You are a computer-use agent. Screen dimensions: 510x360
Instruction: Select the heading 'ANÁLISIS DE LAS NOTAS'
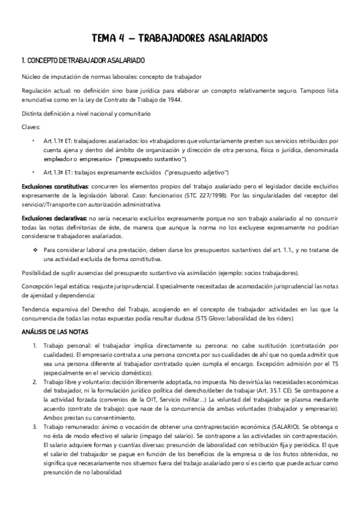(x=55, y=331)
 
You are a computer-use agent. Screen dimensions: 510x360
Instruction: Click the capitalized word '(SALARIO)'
(x=274, y=426)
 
